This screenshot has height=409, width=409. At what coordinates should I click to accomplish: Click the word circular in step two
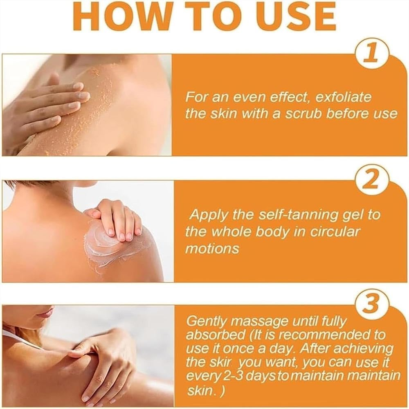click(332, 231)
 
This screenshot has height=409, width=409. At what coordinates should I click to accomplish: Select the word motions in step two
click(212, 249)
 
